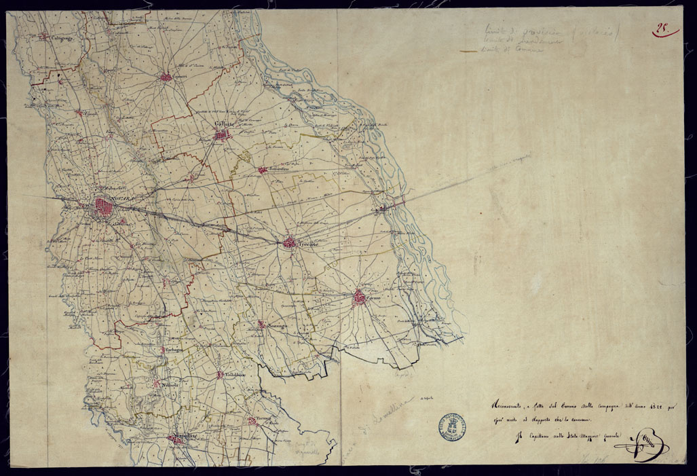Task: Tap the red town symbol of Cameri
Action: point(165,77)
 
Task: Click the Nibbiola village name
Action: point(170,385)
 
